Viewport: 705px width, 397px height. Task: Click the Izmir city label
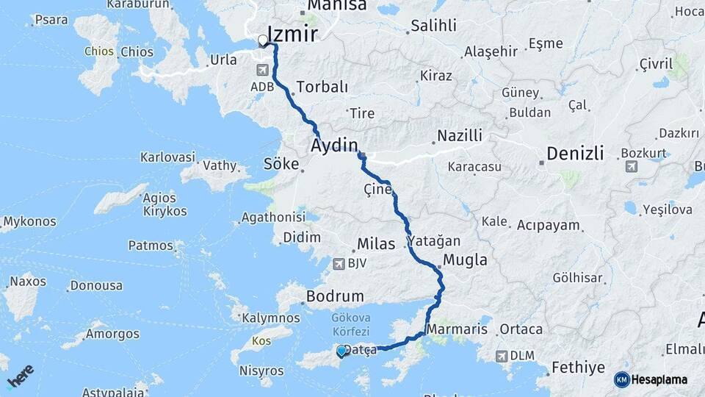point(292,34)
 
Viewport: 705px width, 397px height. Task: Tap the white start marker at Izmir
point(263,41)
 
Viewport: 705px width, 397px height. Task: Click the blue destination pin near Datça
point(341,352)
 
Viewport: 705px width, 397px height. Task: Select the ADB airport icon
point(263,70)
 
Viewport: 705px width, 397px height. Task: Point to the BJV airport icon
point(339,263)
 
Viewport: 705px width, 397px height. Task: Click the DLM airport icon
point(502,356)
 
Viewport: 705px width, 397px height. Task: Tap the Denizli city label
point(575,154)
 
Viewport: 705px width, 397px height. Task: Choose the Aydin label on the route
point(334,144)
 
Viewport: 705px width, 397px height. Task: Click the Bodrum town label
point(335,296)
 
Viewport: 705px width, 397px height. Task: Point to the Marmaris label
point(457,329)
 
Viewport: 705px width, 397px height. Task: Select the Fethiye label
point(577,367)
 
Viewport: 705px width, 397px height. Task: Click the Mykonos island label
point(29,221)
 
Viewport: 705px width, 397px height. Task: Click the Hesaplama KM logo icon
point(622,379)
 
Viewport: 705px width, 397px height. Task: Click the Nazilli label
point(460,136)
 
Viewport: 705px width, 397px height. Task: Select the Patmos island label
point(151,246)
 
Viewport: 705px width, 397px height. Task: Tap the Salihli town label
point(433,26)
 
